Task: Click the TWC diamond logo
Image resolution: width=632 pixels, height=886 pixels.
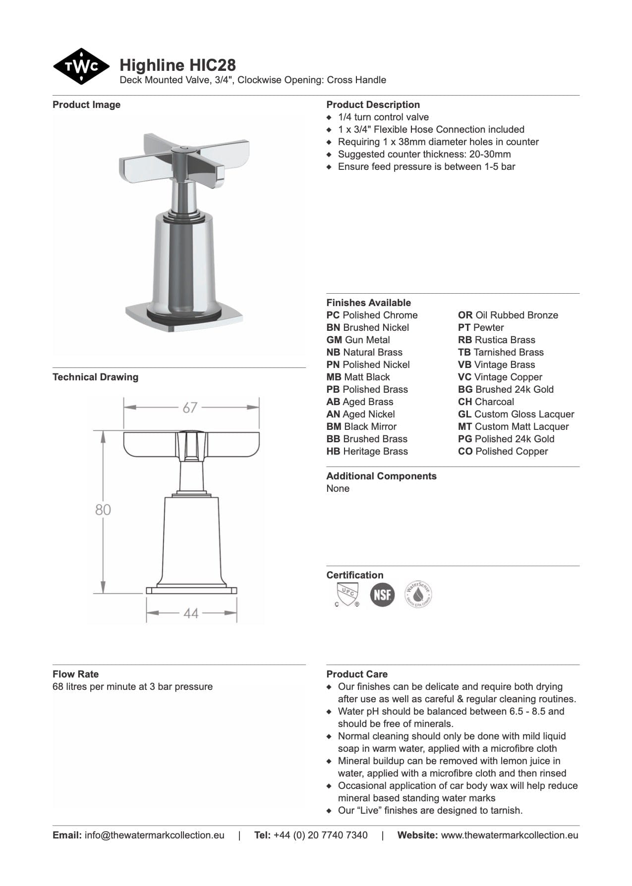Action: [x=81, y=66]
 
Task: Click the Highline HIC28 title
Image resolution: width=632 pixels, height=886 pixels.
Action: [x=177, y=65]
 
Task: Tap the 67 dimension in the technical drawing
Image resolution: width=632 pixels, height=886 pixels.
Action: [x=190, y=408]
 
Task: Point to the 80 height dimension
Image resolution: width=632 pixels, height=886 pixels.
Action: [x=103, y=510]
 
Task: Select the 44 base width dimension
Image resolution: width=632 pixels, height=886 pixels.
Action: [x=191, y=614]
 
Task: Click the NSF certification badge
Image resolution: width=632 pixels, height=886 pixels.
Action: [x=382, y=594]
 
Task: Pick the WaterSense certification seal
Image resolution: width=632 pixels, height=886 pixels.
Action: [x=418, y=594]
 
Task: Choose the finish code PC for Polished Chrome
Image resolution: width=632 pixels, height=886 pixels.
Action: [x=333, y=315]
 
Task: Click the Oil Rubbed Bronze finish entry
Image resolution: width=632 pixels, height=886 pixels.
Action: [x=508, y=315]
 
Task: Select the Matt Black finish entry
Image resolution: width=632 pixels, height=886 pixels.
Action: [x=358, y=377]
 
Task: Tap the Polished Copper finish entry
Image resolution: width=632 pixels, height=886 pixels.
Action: [x=503, y=451]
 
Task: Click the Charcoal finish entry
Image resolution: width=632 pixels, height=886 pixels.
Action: [x=486, y=402]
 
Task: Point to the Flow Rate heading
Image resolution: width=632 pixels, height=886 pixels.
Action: [x=75, y=674]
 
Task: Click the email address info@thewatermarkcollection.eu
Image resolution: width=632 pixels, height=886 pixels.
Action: [x=154, y=835]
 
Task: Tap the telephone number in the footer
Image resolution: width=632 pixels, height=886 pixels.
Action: [x=320, y=835]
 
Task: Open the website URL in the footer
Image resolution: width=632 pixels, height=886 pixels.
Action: [x=509, y=835]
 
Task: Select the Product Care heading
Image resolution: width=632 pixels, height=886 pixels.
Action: [x=357, y=674]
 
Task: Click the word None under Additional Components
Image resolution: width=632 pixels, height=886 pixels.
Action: [x=338, y=488]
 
